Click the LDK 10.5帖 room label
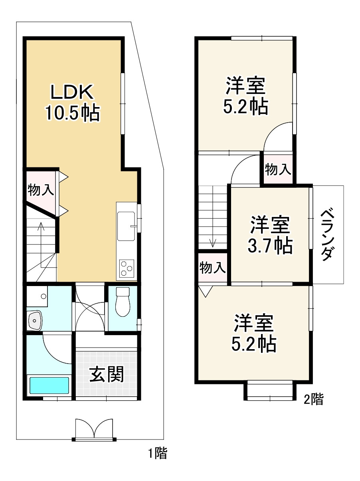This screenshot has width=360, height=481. [x=72, y=102]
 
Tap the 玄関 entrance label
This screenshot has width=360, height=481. [x=106, y=374]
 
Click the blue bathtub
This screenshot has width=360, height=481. [x=49, y=385]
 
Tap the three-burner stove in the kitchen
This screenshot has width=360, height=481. [x=127, y=268]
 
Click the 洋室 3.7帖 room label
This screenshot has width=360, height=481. [x=270, y=235]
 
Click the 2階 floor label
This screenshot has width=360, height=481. [x=313, y=399]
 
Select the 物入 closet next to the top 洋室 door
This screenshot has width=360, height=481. [x=278, y=170]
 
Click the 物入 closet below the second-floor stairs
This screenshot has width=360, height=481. [x=212, y=268]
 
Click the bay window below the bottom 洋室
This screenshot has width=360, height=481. [x=270, y=391]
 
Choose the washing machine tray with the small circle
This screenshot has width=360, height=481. [x=37, y=296]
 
